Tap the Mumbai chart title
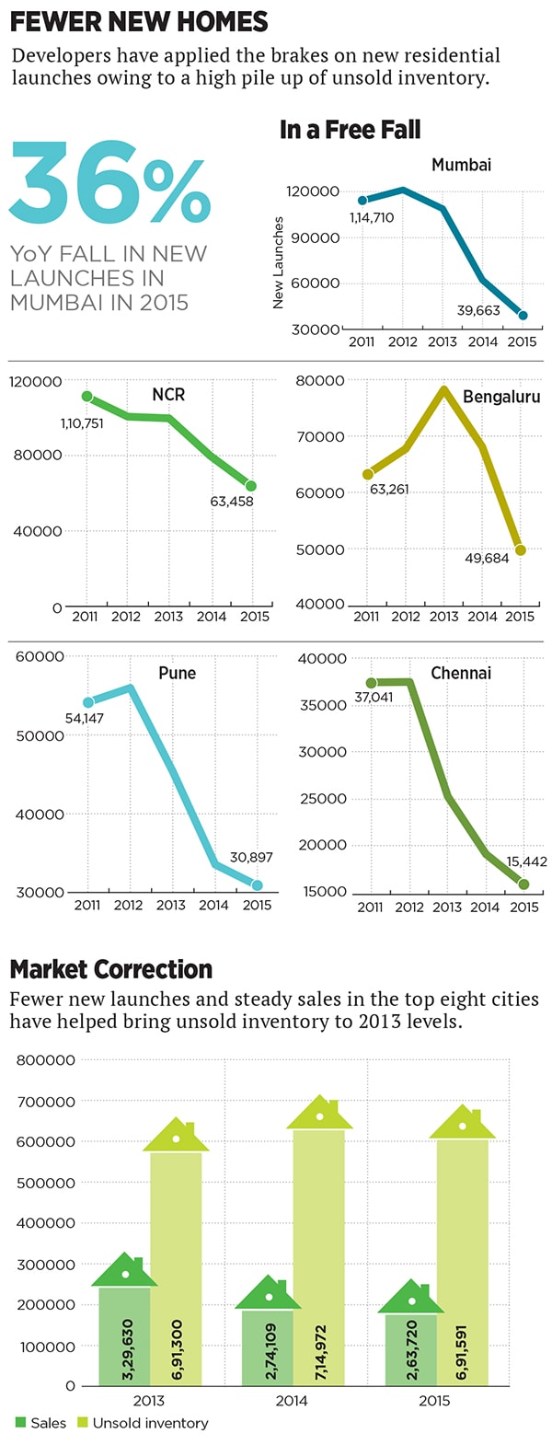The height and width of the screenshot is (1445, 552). point(461,165)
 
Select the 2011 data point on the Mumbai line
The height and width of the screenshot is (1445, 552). point(362,200)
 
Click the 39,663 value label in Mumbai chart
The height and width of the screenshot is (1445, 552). point(478,310)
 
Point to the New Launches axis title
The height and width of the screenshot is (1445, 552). point(279,262)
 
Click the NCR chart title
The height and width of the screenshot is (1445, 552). point(168,394)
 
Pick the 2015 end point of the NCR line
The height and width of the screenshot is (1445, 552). point(251,486)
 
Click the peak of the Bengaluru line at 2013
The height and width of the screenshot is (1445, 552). point(444,390)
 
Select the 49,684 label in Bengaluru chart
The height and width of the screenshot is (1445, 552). point(487,558)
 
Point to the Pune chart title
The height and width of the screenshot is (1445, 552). point(177,673)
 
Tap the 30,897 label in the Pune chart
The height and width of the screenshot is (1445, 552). point(251,857)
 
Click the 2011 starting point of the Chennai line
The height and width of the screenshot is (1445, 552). point(371,683)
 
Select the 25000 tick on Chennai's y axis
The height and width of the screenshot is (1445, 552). point(323,798)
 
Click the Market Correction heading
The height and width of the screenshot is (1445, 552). point(111,969)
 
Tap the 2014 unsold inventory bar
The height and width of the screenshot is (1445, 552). point(319,1256)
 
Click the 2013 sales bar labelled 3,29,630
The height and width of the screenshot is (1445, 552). point(125,1335)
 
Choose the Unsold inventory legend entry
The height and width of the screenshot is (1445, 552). point(150,1423)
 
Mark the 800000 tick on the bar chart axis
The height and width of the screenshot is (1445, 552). point(46,1060)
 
